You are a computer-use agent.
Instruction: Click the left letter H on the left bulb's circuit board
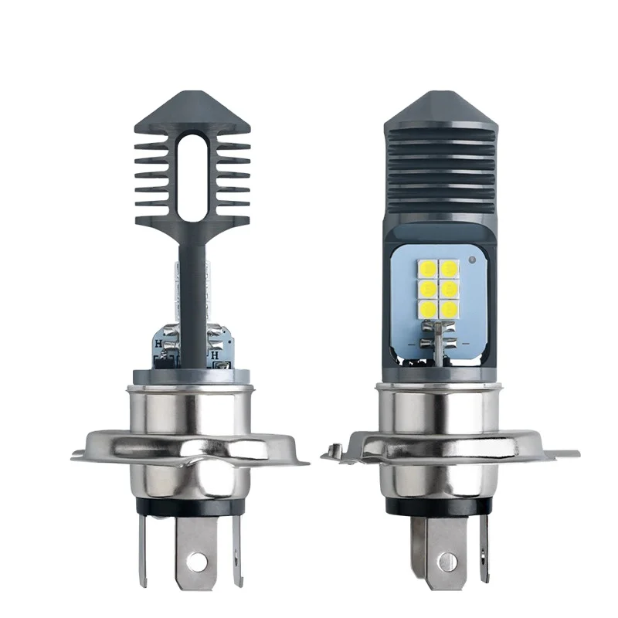tap(158, 344)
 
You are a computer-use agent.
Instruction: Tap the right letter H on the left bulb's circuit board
tap(217, 357)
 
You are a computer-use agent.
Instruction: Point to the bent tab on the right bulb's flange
tap(334, 448)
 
